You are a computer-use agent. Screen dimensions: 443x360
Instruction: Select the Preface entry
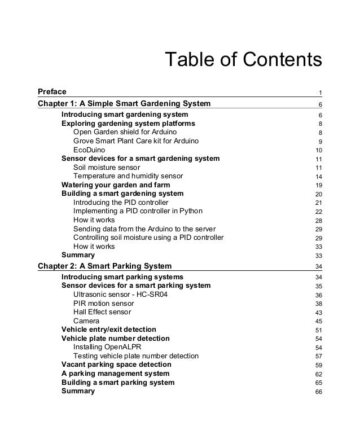(52, 91)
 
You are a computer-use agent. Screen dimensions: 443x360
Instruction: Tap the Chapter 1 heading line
(124, 103)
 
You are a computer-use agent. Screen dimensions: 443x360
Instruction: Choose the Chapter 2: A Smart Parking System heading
(104, 265)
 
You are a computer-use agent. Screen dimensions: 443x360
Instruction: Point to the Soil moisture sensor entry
(107, 167)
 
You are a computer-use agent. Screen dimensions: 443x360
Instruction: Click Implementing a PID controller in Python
(138, 211)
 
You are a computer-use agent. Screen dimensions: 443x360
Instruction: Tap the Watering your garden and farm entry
(115, 185)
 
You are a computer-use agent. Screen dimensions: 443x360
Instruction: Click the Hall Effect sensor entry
(102, 312)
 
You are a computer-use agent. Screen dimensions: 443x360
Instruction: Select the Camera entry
(86, 321)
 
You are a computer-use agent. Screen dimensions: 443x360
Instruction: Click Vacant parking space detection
(116, 365)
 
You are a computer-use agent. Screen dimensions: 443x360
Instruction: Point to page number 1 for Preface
(320, 93)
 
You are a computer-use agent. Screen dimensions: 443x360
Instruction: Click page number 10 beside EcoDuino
(318, 150)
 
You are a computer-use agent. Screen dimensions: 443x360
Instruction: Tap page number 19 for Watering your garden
(318, 185)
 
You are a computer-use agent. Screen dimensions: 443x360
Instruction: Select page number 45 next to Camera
(318, 321)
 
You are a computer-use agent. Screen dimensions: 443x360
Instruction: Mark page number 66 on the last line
(318, 392)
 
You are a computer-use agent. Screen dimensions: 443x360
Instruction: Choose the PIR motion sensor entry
(103, 303)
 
